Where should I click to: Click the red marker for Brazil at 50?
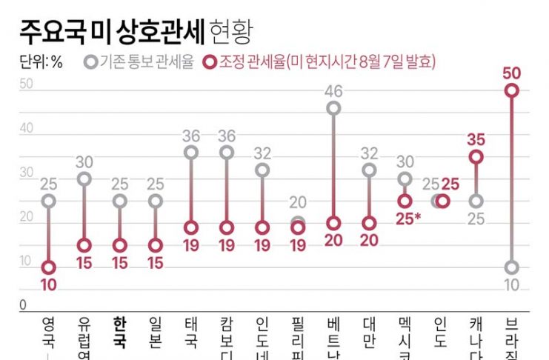pyautogui.click(x=511, y=90)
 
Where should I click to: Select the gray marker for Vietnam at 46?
pyautogui.click(x=333, y=108)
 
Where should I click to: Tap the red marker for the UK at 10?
pyautogui.click(x=49, y=267)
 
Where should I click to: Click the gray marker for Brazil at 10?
pyautogui.click(x=511, y=267)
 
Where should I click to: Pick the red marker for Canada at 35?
pyautogui.click(x=476, y=156)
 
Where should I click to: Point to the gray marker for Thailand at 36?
pyautogui.click(x=191, y=153)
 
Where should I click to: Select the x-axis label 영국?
pyautogui.click(x=49, y=333)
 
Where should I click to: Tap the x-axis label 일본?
pyautogui.click(x=155, y=333)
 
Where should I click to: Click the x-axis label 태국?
pyautogui.click(x=191, y=333)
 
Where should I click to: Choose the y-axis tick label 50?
pyautogui.click(x=26, y=84)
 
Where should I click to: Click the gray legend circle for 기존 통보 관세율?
pyautogui.click(x=90, y=62)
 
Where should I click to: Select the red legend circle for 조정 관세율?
pyautogui.click(x=210, y=62)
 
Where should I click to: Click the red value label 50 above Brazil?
pyautogui.click(x=510, y=73)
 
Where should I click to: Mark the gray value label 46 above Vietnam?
pyautogui.click(x=333, y=91)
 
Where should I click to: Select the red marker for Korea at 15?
pyautogui.click(x=119, y=245)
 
